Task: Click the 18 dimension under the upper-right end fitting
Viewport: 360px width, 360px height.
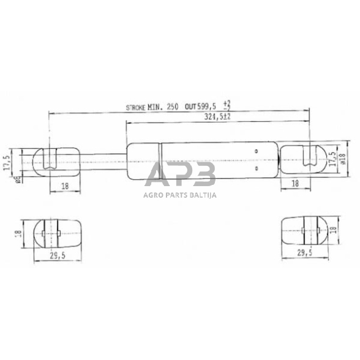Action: click(294, 183)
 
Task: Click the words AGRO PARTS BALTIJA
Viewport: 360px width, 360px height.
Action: click(180, 195)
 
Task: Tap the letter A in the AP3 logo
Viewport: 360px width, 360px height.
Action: click(157, 175)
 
